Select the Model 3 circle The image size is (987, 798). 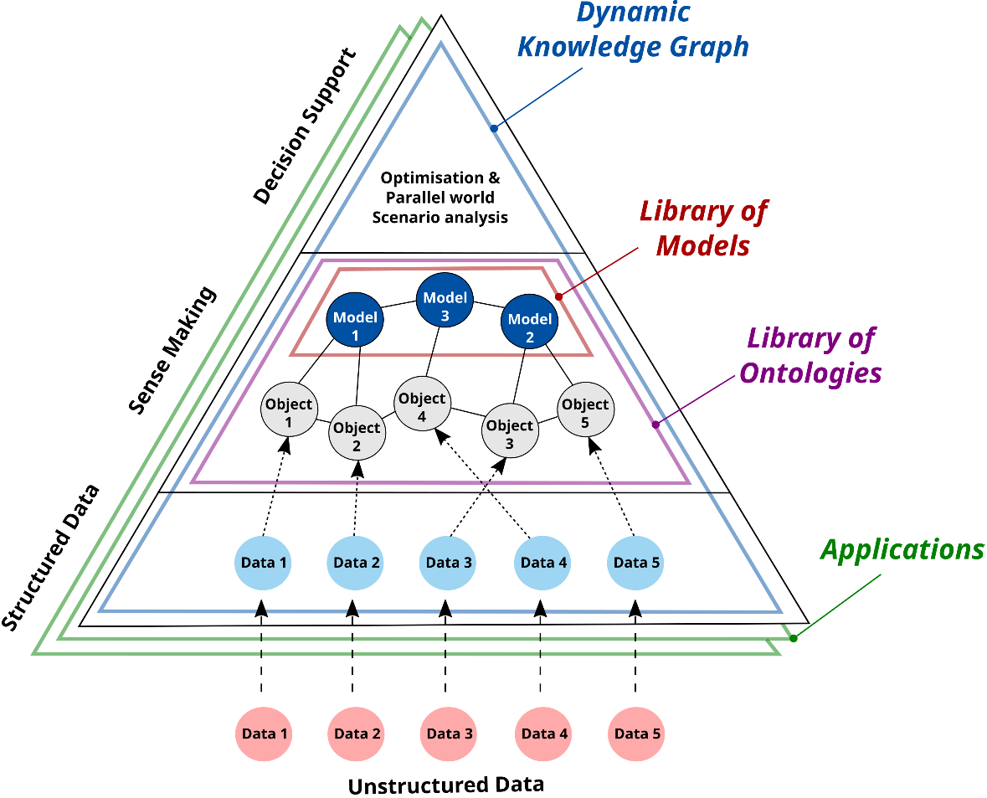[x=445, y=302]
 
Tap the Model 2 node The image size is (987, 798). [x=529, y=324]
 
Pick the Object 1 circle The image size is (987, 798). [x=289, y=409]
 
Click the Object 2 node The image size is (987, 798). [x=357, y=433]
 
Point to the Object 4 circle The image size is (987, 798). [x=422, y=404]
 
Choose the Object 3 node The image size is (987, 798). [x=510, y=430]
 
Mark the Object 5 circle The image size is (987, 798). [x=585, y=409]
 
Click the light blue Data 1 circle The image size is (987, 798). [x=264, y=562]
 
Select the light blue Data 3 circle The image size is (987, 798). [x=449, y=562]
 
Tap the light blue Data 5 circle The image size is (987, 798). [x=636, y=562]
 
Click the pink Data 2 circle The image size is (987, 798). [x=357, y=734]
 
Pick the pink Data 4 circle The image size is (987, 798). [x=544, y=734]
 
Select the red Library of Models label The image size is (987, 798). [x=703, y=229]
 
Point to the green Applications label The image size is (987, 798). [x=902, y=549]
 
